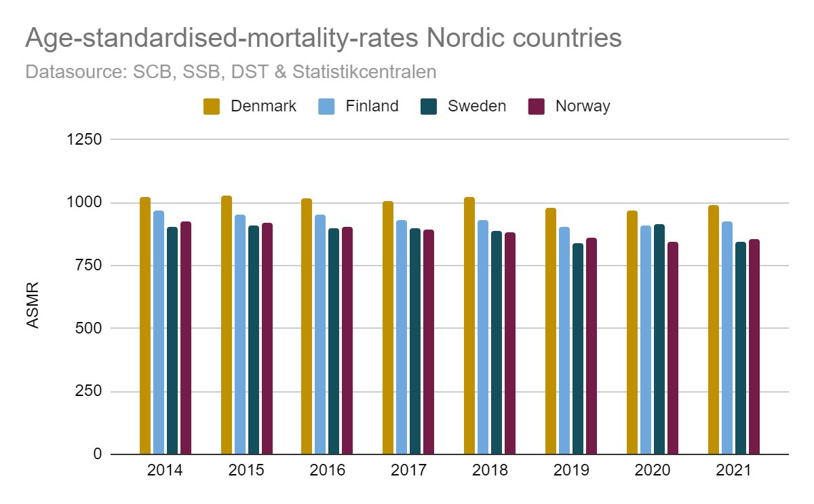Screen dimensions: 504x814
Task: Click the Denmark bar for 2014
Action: click(x=145, y=326)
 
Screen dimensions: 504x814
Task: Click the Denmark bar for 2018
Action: click(x=469, y=326)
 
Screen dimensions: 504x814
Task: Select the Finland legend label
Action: click(x=372, y=107)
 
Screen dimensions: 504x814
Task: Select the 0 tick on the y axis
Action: click(x=97, y=454)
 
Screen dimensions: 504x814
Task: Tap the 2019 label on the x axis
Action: click(x=571, y=471)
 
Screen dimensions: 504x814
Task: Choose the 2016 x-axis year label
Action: click(x=328, y=471)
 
